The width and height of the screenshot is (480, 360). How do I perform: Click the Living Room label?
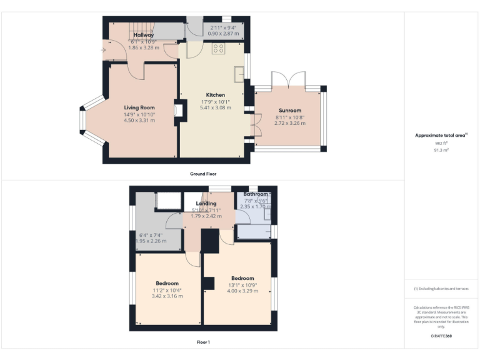139,107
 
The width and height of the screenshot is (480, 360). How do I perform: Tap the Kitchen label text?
215,95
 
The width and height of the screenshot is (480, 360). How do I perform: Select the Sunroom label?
291,110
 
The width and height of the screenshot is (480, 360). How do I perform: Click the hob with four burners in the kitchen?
219,48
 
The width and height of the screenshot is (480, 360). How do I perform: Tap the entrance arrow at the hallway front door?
104,50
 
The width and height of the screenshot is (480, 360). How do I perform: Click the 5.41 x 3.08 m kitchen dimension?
215,108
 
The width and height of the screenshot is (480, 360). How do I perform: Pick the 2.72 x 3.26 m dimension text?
291,123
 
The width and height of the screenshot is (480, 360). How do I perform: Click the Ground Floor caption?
203,174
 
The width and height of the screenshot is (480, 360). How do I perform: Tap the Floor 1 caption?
203,342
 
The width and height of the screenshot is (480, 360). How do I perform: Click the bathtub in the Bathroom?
252,232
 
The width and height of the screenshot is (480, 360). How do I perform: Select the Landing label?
206,203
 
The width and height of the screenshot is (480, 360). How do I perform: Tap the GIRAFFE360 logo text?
441,336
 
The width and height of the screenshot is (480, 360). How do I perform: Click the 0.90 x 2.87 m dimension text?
223,34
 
